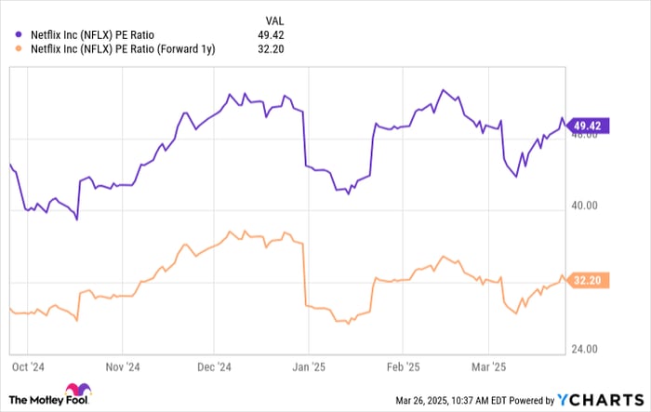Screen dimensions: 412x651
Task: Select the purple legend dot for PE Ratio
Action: click(17, 35)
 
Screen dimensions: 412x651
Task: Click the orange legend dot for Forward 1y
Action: click(17, 49)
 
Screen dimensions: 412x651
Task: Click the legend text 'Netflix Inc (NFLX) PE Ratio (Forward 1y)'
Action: click(121, 49)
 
